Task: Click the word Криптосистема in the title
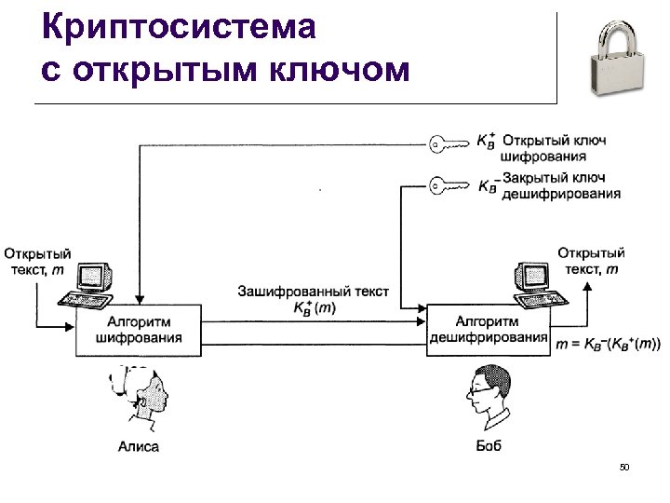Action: point(180,27)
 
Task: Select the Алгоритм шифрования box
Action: point(139,330)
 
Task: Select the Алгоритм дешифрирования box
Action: point(489,329)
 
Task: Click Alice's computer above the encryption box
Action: point(92,284)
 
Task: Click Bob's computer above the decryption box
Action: point(538,284)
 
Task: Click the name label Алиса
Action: point(139,446)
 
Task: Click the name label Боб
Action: point(489,446)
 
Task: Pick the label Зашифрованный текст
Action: point(314,292)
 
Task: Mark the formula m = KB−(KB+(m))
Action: point(608,344)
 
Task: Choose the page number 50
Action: point(623,467)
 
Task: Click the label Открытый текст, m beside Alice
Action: point(37,261)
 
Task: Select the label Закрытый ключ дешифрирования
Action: point(560,185)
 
